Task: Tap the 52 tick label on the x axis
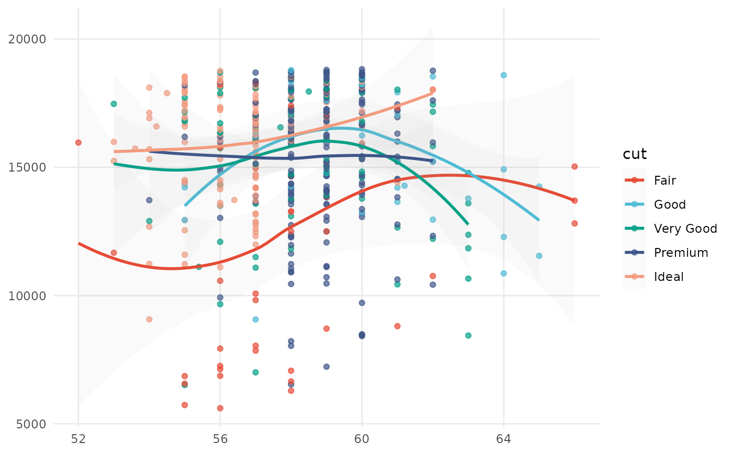click(x=79, y=438)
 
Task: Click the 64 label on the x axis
click(x=504, y=438)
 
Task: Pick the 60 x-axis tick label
click(x=362, y=438)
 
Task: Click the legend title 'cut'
click(x=635, y=154)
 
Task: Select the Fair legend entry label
click(x=665, y=180)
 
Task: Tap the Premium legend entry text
click(x=681, y=253)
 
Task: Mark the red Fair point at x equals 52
click(x=79, y=142)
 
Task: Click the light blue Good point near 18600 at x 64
click(x=504, y=75)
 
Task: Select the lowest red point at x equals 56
click(x=220, y=408)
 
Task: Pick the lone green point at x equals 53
click(x=114, y=104)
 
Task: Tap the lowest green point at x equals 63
click(x=468, y=335)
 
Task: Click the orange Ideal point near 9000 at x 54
click(x=149, y=319)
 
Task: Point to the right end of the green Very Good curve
click(x=468, y=224)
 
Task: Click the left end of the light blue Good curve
click(x=185, y=206)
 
